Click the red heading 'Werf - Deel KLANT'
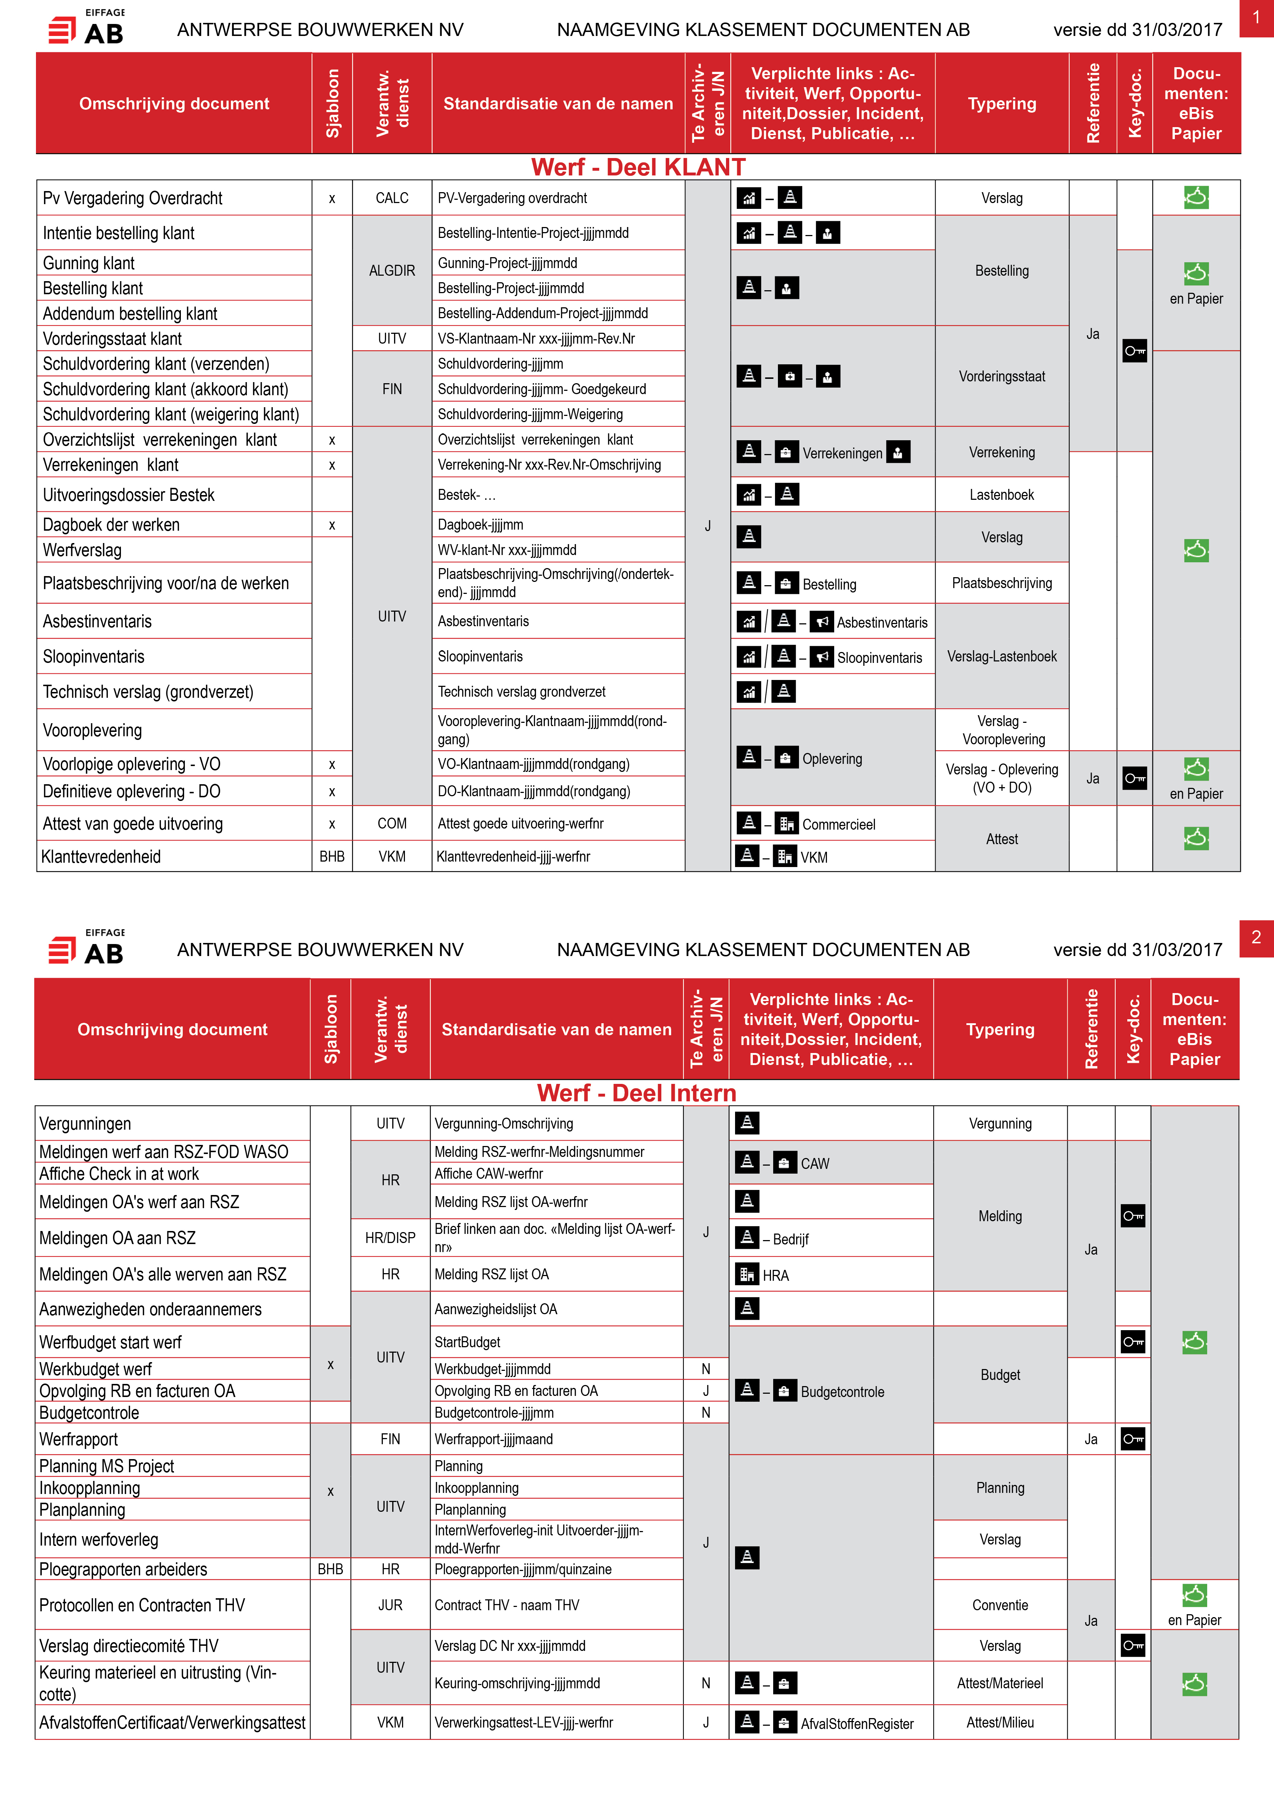tap(638, 167)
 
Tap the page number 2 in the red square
tap(1256, 937)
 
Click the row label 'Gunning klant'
tap(89, 263)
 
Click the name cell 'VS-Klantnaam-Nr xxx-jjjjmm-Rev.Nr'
tap(537, 338)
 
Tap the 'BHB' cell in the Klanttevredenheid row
tap(332, 856)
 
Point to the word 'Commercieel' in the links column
tap(839, 824)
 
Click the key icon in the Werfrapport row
tap(1133, 1439)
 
